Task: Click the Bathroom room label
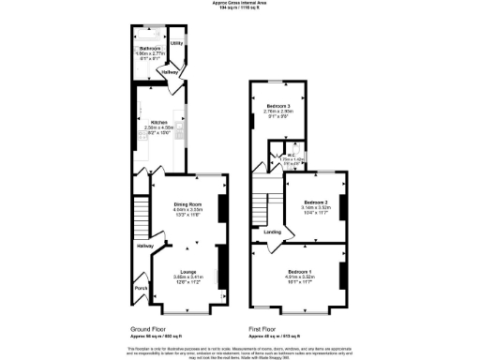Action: [150, 48]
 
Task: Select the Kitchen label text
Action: [158, 122]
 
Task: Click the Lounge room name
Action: [187, 272]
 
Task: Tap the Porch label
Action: [140, 288]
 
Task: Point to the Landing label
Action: [273, 231]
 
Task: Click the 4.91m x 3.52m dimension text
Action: [299, 277]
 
